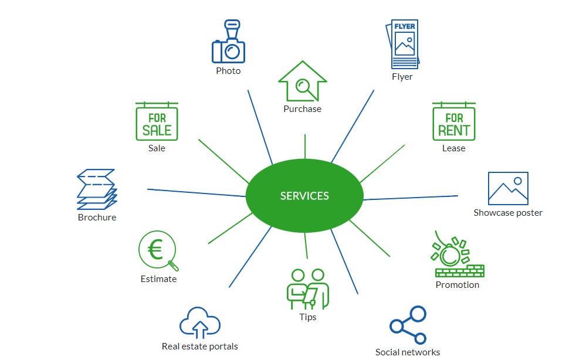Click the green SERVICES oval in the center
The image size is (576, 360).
coord(304,195)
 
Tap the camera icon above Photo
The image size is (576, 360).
coord(228,42)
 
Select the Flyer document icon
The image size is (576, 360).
coord(403,44)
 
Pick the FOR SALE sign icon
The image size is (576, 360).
coord(157,121)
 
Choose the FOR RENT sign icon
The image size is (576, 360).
coord(454,121)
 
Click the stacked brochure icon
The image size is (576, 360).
coord(97,189)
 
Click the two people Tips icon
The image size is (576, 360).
coord(308,289)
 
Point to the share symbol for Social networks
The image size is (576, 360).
coord(408,325)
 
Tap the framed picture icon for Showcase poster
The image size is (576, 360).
coord(508,188)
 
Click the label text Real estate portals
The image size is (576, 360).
coord(200,347)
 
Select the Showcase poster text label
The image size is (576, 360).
coord(508,213)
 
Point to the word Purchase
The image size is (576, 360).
coord(302,108)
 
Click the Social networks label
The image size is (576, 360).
coord(408,352)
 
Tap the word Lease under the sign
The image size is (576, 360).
coord(453,148)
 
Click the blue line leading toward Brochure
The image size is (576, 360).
coord(196,193)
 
